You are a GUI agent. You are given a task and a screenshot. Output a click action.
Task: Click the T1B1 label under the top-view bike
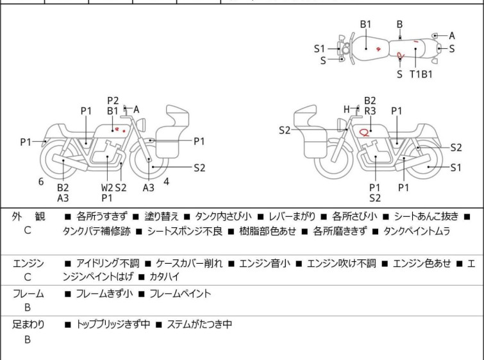tap(421, 74)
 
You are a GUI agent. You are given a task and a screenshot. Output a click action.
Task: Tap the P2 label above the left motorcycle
tap(113, 100)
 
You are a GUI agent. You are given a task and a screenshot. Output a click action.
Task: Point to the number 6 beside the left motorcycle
tap(41, 182)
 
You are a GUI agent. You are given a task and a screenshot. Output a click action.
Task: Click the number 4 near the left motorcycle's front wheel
tap(166, 182)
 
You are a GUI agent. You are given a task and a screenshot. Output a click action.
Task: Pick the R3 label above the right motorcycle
tap(370, 111)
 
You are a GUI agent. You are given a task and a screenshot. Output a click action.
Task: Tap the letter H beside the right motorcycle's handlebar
tap(346, 110)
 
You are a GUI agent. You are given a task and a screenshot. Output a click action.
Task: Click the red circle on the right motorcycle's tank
tap(364, 133)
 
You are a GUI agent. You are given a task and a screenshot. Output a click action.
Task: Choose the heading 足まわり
tap(29, 325)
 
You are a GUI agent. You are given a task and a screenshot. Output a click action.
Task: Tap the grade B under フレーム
tap(28, 308)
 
